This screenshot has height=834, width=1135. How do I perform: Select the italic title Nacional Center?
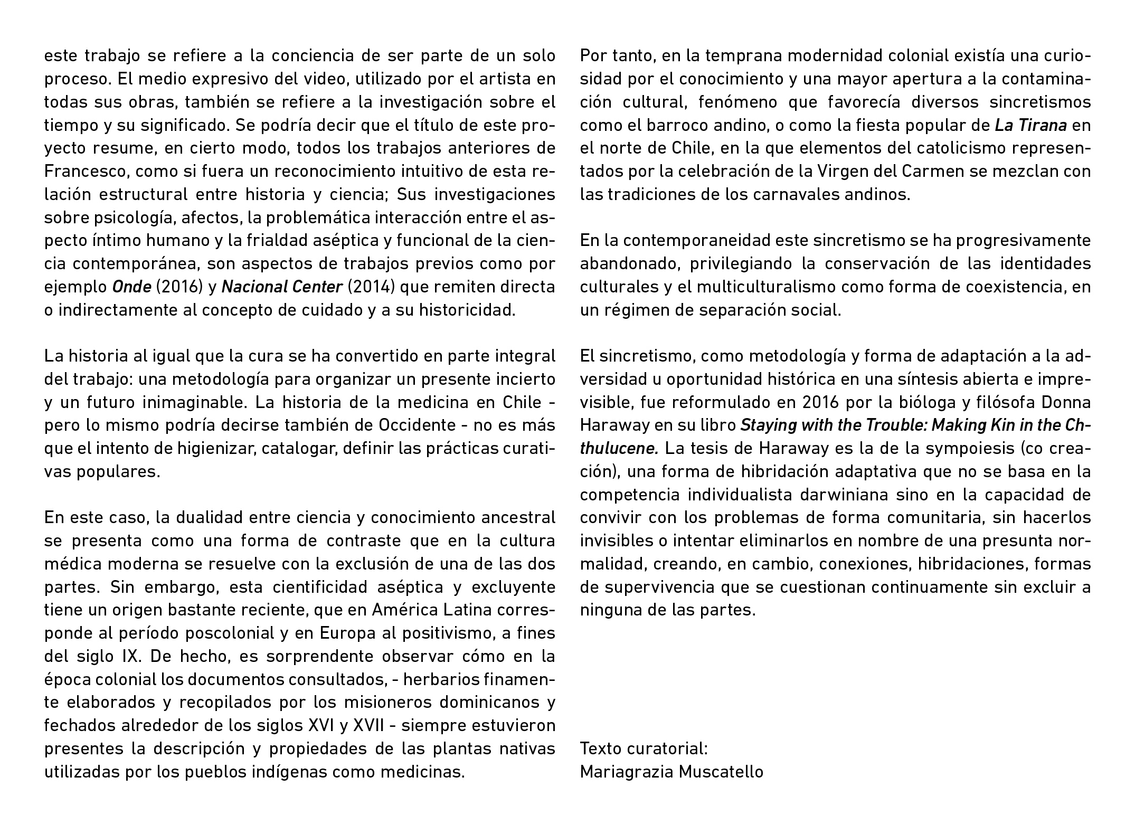282,287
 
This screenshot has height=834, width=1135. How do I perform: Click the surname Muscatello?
721,772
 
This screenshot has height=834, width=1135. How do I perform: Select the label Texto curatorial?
644,748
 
